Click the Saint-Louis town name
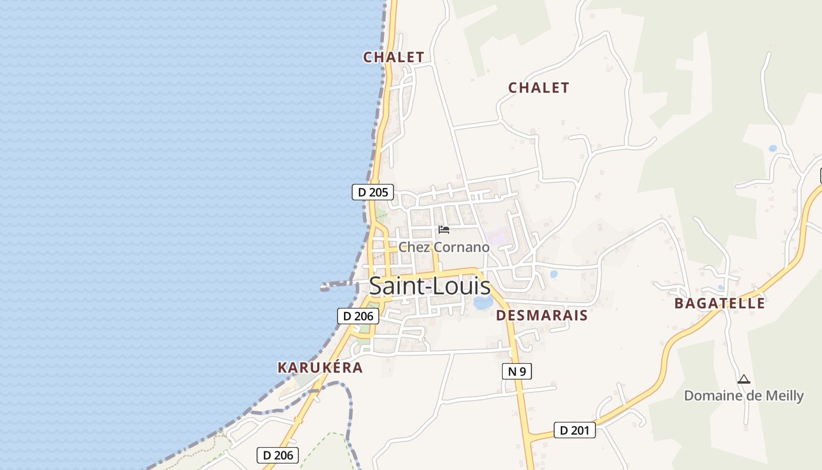(x=430, y=286)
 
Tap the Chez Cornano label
(x=444, y=247)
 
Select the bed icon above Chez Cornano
(x=444, y=230)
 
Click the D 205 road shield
(x=373, y=192)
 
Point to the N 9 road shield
(x=517, y=371)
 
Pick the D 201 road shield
(x=574, y=430)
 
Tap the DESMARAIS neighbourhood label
(x=541, y=315)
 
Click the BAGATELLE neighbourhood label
(x=719, y=303)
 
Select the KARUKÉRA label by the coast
(x=320, y=368)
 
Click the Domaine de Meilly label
(x=743, y=395)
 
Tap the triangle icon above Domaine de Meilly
(x=744, y=380)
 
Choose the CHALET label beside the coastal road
(x=393, y=57)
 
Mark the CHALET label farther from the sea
(x=538, y=88)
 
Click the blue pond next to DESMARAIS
(x=483, y=303)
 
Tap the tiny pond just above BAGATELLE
(x=720, y=288)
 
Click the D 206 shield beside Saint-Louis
(x=358, y=315)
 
